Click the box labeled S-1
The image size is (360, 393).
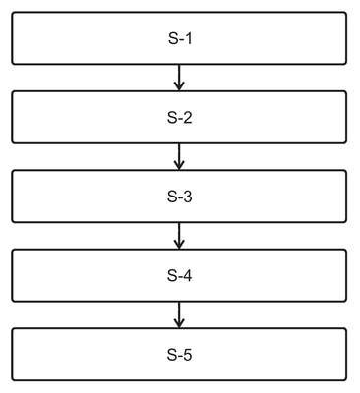[179, 38]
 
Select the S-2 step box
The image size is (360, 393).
[179, 117]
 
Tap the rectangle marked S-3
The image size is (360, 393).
[179, 196]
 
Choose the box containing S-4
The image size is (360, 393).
[179, 275]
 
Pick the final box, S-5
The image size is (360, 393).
[179, 355]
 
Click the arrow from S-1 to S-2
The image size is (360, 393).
[179, 78]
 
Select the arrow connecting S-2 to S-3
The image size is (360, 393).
[179, 157]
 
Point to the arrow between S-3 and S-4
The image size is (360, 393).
[179, 236]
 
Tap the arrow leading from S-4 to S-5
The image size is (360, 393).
[179, 314]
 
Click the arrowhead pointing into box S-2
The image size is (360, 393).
[179, 86]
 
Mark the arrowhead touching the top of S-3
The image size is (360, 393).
[179, 166]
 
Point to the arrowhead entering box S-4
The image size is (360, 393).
[179, 245]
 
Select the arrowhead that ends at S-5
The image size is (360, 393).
[179, 323]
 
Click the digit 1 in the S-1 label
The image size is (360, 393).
[188, 38]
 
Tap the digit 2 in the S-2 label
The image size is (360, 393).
[188, 118]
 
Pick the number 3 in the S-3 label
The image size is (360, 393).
[188, 196]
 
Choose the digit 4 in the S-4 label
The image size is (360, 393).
[188, 275]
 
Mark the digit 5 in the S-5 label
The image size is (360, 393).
[188, 355]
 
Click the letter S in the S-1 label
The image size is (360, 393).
[173, 38]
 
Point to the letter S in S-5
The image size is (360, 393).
[172, 355]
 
